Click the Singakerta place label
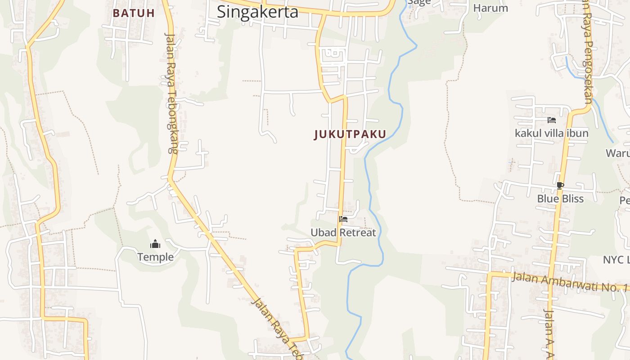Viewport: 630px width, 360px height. (x=257, y=12)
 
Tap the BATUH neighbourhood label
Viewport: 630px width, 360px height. (x=134, y=13)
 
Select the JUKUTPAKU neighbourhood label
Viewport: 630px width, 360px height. (x=350, y=134)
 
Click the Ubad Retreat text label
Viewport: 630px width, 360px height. (x=343, y=233)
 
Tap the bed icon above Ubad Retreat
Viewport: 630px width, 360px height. (x=343, y=219)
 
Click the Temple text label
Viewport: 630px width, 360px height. (x=155, y=257)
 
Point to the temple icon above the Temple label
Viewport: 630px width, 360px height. (x=155, y=244)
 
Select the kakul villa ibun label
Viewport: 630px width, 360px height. (x=551, y=133)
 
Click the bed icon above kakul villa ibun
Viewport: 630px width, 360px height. (x=552, y=120)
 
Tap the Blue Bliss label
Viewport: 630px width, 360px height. (x=560, y=198)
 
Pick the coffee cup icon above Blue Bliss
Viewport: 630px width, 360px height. (x=560, y=185)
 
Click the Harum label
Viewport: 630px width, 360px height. (x=490, y=8)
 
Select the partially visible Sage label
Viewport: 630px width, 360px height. (x=419, y=2)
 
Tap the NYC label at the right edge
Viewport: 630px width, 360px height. (x=616, y=260)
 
